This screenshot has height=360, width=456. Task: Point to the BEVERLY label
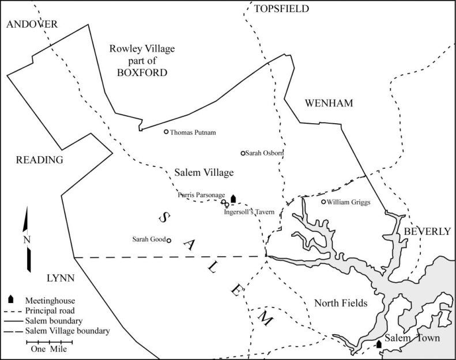click(427, 231)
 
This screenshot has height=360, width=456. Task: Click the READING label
click(39, 160)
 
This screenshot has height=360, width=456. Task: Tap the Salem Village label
click(203, 172)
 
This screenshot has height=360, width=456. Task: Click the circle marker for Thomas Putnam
click(167, 132)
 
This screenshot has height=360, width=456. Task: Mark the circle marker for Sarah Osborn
click(243, 153)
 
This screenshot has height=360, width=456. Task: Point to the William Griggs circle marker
click(323, 202)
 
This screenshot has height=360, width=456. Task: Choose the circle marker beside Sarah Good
click(169, 241)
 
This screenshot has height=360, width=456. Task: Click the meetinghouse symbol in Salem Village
click(233, 198)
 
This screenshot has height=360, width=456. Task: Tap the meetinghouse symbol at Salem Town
click(378, 344)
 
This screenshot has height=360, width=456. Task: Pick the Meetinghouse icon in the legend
click(11, 300)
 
